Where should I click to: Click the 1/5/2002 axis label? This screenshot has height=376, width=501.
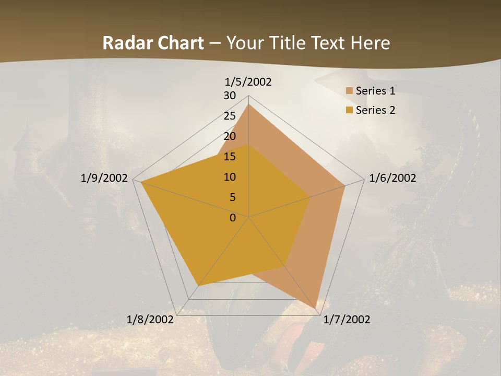tap(248, 82)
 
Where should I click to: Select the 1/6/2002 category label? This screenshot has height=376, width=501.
tap(392, 178)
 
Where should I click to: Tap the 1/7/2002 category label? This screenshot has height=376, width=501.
tap(347, 320)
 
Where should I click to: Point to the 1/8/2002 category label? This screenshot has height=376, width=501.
tap(150, 320)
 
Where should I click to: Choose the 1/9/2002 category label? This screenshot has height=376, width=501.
tap(104, 178)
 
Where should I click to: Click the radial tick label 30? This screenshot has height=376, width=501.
tap(230, 96)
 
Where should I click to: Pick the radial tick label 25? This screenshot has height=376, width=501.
tap(230, 116)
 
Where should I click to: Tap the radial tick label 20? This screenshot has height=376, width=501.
tap(230, 136)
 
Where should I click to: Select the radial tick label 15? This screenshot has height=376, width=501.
tap(230, 157)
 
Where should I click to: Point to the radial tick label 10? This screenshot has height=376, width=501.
tap(230, 177)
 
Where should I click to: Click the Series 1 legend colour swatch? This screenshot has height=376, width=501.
tap(349, 91)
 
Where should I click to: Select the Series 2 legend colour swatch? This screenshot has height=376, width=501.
tap(349, 110)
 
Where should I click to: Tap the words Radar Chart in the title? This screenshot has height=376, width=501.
tap(153, 43)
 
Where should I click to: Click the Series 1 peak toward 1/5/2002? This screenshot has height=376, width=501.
tap(248, 104)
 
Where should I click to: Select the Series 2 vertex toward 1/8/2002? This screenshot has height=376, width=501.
tap(198, 286)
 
